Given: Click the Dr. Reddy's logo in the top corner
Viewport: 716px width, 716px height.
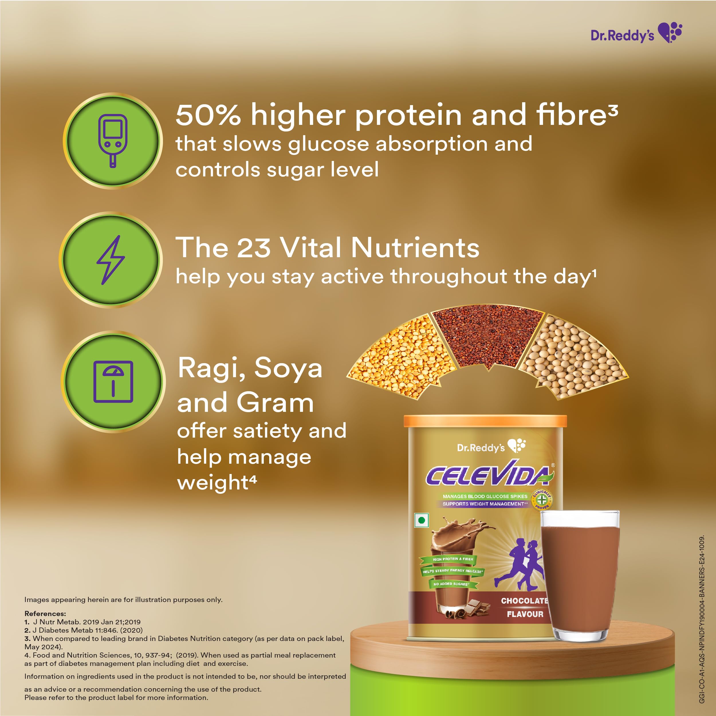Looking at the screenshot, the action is click(x=636, y=33).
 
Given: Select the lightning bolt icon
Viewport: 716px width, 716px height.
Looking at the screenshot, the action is click(x=111, y=260).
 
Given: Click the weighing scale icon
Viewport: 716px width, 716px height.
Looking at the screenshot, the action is click(x=113, y=381).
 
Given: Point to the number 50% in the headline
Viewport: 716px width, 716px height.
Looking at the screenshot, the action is click(x=208, y=115).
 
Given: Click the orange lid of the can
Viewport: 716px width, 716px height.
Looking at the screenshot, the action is click(x=485, y=421).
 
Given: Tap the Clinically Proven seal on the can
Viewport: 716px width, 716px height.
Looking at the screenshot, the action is click(x=542, y=499).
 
